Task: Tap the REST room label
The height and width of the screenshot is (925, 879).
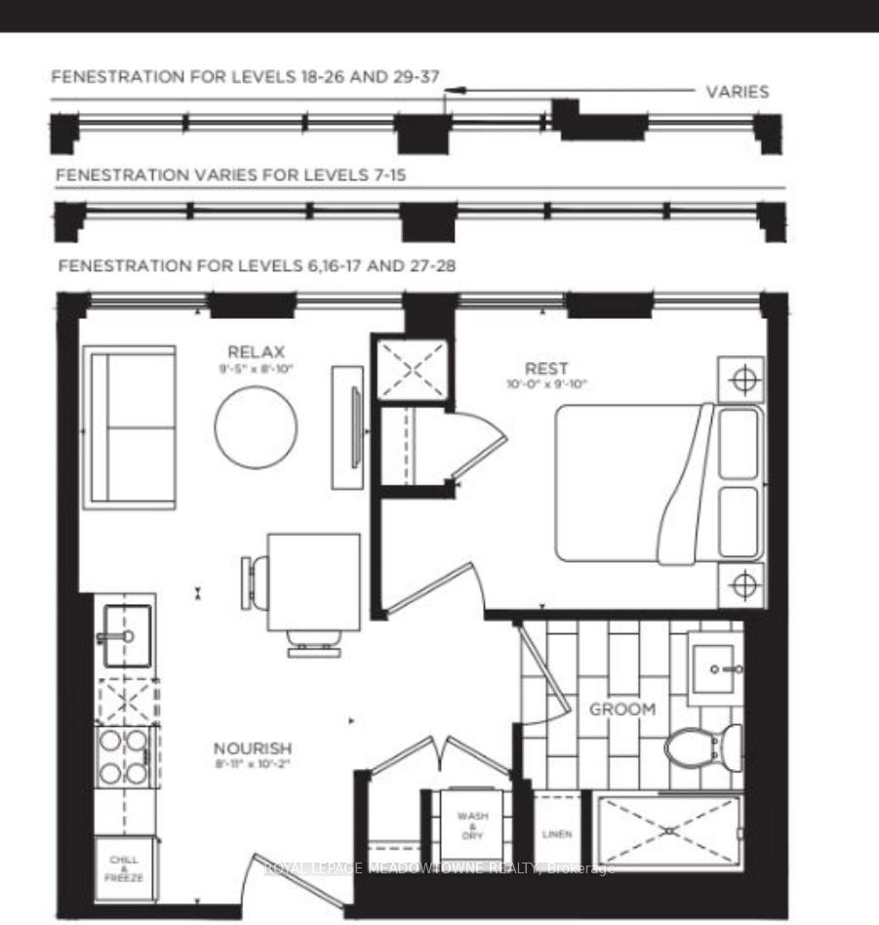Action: [x=546, y=368]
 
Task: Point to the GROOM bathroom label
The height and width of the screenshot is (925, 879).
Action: [x=621, y=709]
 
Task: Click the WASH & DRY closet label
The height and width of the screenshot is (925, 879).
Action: [x=472, y=824]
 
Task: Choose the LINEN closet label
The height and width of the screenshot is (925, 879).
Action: [x=556, y=834]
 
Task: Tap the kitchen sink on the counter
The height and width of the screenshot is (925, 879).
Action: [x=124, y=635]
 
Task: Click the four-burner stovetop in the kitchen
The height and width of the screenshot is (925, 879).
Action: [x=124, y=756]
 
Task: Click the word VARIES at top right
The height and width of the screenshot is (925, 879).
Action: [x=737, y=93]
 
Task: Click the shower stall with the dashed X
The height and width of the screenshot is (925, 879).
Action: [x=669, y=829]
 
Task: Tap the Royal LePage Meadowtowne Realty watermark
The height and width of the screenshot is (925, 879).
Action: [x=440, y=868]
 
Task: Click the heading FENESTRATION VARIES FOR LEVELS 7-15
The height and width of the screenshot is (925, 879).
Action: [x=231, y=175]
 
